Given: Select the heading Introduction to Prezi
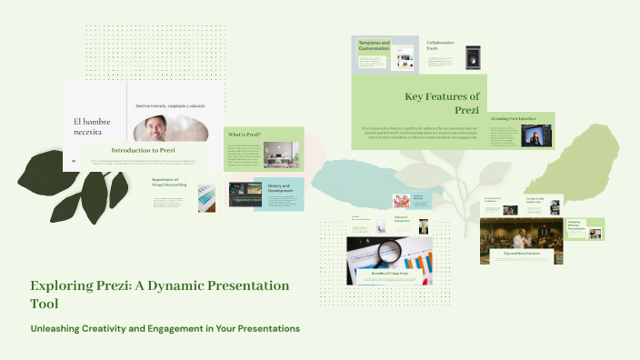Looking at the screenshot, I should coord(144,150).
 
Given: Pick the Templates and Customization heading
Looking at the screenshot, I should coord(375,45).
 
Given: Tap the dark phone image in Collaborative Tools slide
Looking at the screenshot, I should coord(472,56).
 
